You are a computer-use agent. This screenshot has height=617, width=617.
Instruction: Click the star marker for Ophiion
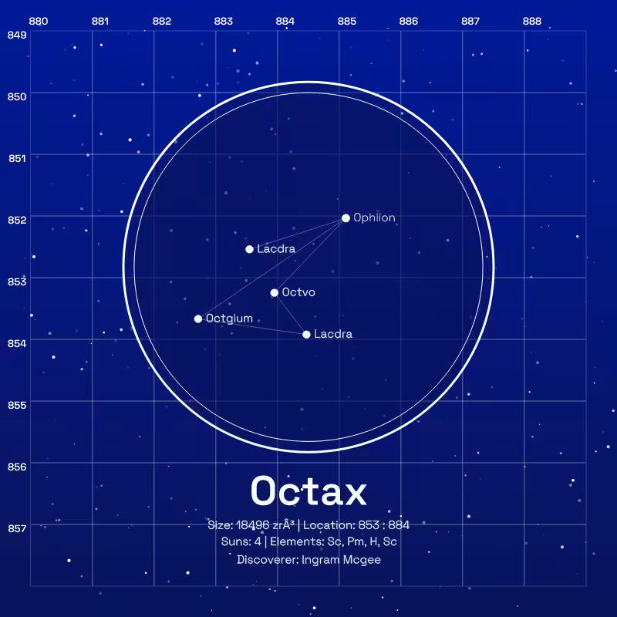point(346,218)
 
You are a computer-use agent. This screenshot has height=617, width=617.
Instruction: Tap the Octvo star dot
point(275,293)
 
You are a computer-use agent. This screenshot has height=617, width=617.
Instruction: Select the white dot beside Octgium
point(198,319)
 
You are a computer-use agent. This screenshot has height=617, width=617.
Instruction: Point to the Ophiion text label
point(374,217)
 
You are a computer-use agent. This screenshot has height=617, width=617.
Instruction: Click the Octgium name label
point(229,319)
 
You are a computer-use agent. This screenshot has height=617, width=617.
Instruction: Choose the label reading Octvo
point(298,292)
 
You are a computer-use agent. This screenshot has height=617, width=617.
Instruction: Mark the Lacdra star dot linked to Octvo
point(306,335)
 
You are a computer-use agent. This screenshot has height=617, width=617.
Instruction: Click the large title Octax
point(309,491)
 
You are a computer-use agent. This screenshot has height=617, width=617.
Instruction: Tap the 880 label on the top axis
point(39,22)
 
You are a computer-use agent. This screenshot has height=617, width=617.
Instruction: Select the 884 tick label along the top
point(285,22)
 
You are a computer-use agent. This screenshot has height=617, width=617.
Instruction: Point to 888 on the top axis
point(532,22)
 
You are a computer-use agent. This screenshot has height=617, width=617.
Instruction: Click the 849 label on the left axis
point(17,35)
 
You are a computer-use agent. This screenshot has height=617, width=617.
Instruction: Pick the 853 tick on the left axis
point(17,282)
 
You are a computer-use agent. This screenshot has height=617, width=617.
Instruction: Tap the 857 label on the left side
point(17,528)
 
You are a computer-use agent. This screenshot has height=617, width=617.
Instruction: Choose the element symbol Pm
point(356,542)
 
